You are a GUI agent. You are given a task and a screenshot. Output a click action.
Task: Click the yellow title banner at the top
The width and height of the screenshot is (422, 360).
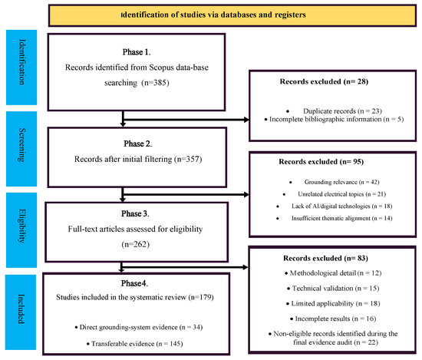232,15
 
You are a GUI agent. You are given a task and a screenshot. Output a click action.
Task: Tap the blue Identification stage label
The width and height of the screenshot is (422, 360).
21,68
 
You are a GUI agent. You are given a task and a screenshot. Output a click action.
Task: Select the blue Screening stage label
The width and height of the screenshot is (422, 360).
21,149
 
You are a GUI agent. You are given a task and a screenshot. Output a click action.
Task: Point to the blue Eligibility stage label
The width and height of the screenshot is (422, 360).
21,230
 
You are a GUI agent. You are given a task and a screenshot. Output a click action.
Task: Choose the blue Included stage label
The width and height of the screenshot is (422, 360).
21,312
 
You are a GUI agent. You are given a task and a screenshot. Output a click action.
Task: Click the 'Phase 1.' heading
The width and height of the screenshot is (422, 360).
137,52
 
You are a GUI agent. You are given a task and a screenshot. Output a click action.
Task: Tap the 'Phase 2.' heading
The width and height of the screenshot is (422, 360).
138,144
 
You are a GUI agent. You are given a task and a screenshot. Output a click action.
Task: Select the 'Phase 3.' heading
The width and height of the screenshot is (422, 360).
135,213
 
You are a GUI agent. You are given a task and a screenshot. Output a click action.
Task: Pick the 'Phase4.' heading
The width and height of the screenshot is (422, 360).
134,283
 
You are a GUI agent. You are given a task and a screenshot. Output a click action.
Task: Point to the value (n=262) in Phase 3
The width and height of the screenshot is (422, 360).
135,245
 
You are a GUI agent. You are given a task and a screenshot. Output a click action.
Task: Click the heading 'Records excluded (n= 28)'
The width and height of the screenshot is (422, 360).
324,81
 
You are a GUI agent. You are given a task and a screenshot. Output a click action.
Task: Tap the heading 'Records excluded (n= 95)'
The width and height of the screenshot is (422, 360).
321,162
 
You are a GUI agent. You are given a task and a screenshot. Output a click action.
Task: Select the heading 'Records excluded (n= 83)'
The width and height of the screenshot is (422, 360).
325,258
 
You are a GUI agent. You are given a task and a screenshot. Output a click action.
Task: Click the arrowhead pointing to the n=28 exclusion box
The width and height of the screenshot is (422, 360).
246,120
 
